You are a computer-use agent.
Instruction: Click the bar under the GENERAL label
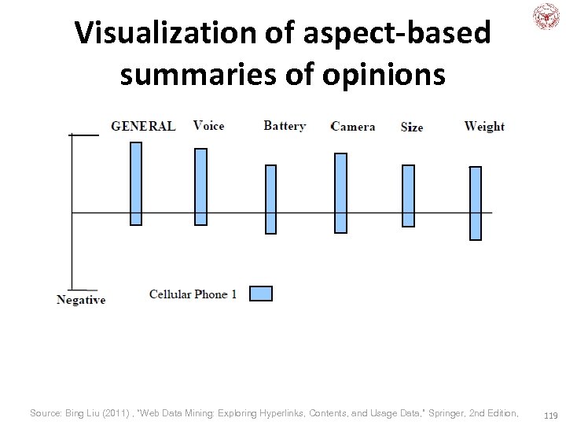coord(136,183)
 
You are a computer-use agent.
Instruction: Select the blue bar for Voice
coord(200,187)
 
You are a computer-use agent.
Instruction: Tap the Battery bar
coord(270,199)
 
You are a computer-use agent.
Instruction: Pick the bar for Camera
coord(340,193)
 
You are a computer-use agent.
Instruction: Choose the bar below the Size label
coord(408,195)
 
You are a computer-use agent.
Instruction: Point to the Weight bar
coord(475,203)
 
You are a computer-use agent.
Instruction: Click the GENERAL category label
coord(143,126)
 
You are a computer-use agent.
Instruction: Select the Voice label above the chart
coord(208,126)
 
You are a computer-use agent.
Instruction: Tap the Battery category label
coord(285,126)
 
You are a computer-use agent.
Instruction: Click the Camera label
coord(353,127)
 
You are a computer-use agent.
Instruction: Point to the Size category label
coord(412,127)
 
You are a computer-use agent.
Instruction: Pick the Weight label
coord(484,126)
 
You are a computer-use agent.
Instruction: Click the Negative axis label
coord(81,300)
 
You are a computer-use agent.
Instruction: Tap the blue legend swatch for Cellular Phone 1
coord(260,294)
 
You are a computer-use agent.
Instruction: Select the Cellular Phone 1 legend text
coord(193,294)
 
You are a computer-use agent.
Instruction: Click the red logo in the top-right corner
coord(546,17)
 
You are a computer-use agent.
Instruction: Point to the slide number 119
coord(550,414)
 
